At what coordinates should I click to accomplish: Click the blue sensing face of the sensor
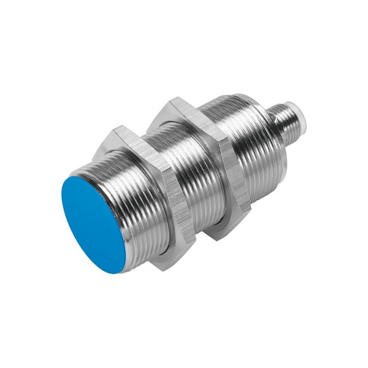(92, 224)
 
